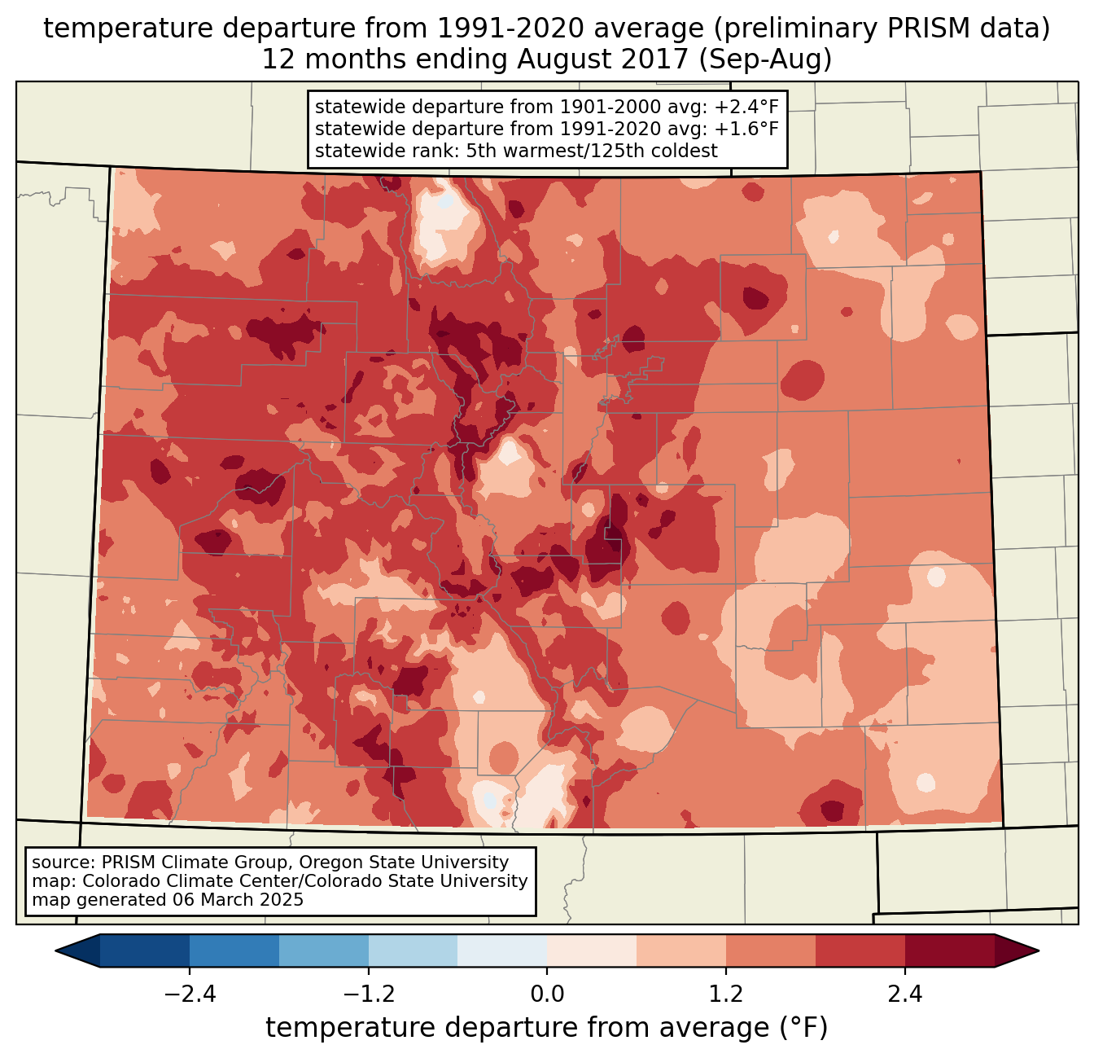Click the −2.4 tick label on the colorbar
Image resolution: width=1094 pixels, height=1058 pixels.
(x=190, y=994)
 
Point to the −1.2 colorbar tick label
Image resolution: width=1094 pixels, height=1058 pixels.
(x=369, y=994)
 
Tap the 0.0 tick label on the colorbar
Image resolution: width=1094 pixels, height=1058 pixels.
(x=547, y=994)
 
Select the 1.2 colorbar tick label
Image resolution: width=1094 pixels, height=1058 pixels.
(x=726, y=994)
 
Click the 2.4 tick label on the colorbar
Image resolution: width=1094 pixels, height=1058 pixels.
(x=905, y=994)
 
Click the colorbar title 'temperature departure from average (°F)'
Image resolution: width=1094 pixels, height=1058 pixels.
(x=547, y=1028)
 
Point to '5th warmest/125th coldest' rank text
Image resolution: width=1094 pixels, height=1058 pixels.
(x=592, y=151)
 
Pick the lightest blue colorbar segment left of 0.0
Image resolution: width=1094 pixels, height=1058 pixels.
(x=502, y=950)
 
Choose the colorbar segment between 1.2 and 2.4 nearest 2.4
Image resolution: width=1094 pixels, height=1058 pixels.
(x=860, y=950)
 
